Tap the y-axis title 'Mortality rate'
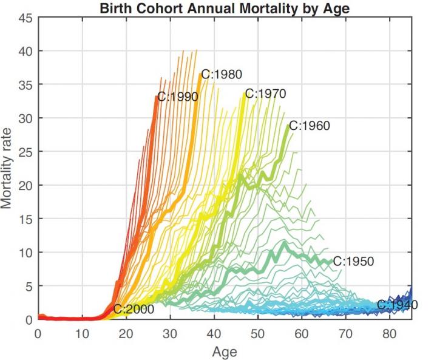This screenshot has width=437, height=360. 8,169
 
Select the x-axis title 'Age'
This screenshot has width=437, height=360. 225,352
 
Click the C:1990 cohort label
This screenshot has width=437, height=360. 177,97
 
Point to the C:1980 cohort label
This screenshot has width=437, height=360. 222,75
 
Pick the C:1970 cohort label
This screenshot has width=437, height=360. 265,94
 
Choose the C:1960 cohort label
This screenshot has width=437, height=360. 309,126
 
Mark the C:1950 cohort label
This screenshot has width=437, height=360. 353,262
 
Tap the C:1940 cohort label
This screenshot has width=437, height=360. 397,305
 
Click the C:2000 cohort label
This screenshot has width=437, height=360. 133,310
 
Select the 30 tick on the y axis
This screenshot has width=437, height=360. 25,118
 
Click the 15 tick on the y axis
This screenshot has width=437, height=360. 25,219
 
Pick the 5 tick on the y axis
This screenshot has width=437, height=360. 28,286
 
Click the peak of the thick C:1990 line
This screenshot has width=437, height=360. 157,97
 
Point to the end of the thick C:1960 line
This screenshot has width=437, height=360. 289,125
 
